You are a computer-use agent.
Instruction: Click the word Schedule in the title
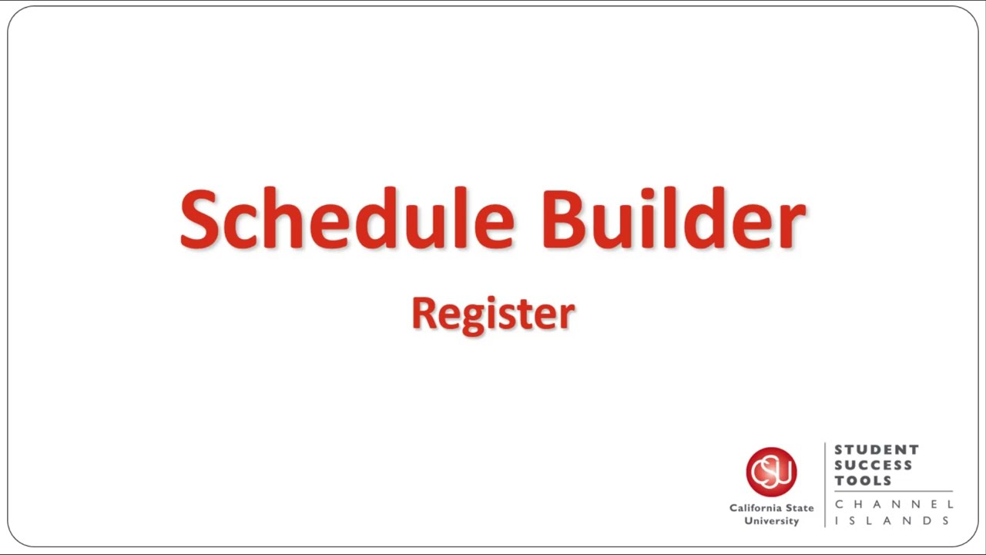347,219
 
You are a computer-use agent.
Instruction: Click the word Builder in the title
673,219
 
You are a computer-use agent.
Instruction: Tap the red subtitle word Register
493,314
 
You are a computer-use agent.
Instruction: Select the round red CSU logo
771,472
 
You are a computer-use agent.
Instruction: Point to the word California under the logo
755,508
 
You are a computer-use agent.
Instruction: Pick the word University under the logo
771,521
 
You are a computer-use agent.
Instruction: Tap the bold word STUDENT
877,449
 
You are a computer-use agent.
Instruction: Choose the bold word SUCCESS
874,465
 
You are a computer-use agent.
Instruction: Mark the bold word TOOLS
863,480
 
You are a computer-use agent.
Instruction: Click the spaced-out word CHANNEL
894,504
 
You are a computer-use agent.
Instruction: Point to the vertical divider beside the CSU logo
825,484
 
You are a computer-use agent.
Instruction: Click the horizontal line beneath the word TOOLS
894,492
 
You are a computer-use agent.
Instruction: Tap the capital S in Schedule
200,219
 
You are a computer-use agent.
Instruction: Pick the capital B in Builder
563,219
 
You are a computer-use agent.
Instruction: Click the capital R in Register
423,313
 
